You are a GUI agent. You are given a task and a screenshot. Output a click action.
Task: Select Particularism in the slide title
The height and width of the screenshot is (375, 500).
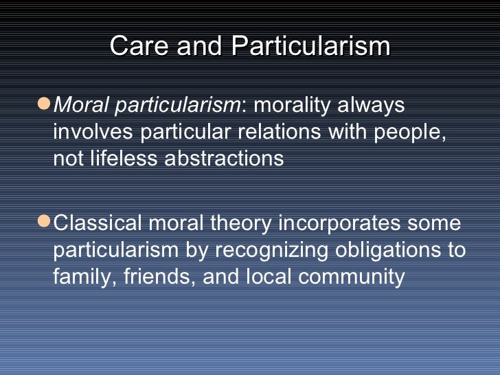coord(311,46)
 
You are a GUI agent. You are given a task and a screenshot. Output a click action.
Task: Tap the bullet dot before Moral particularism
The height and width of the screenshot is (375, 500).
coord(45,104)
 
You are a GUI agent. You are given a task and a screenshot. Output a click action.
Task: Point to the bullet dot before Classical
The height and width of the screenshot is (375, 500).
coord(45,223)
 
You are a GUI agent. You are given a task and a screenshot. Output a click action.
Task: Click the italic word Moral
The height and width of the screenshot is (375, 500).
coord(80,106)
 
